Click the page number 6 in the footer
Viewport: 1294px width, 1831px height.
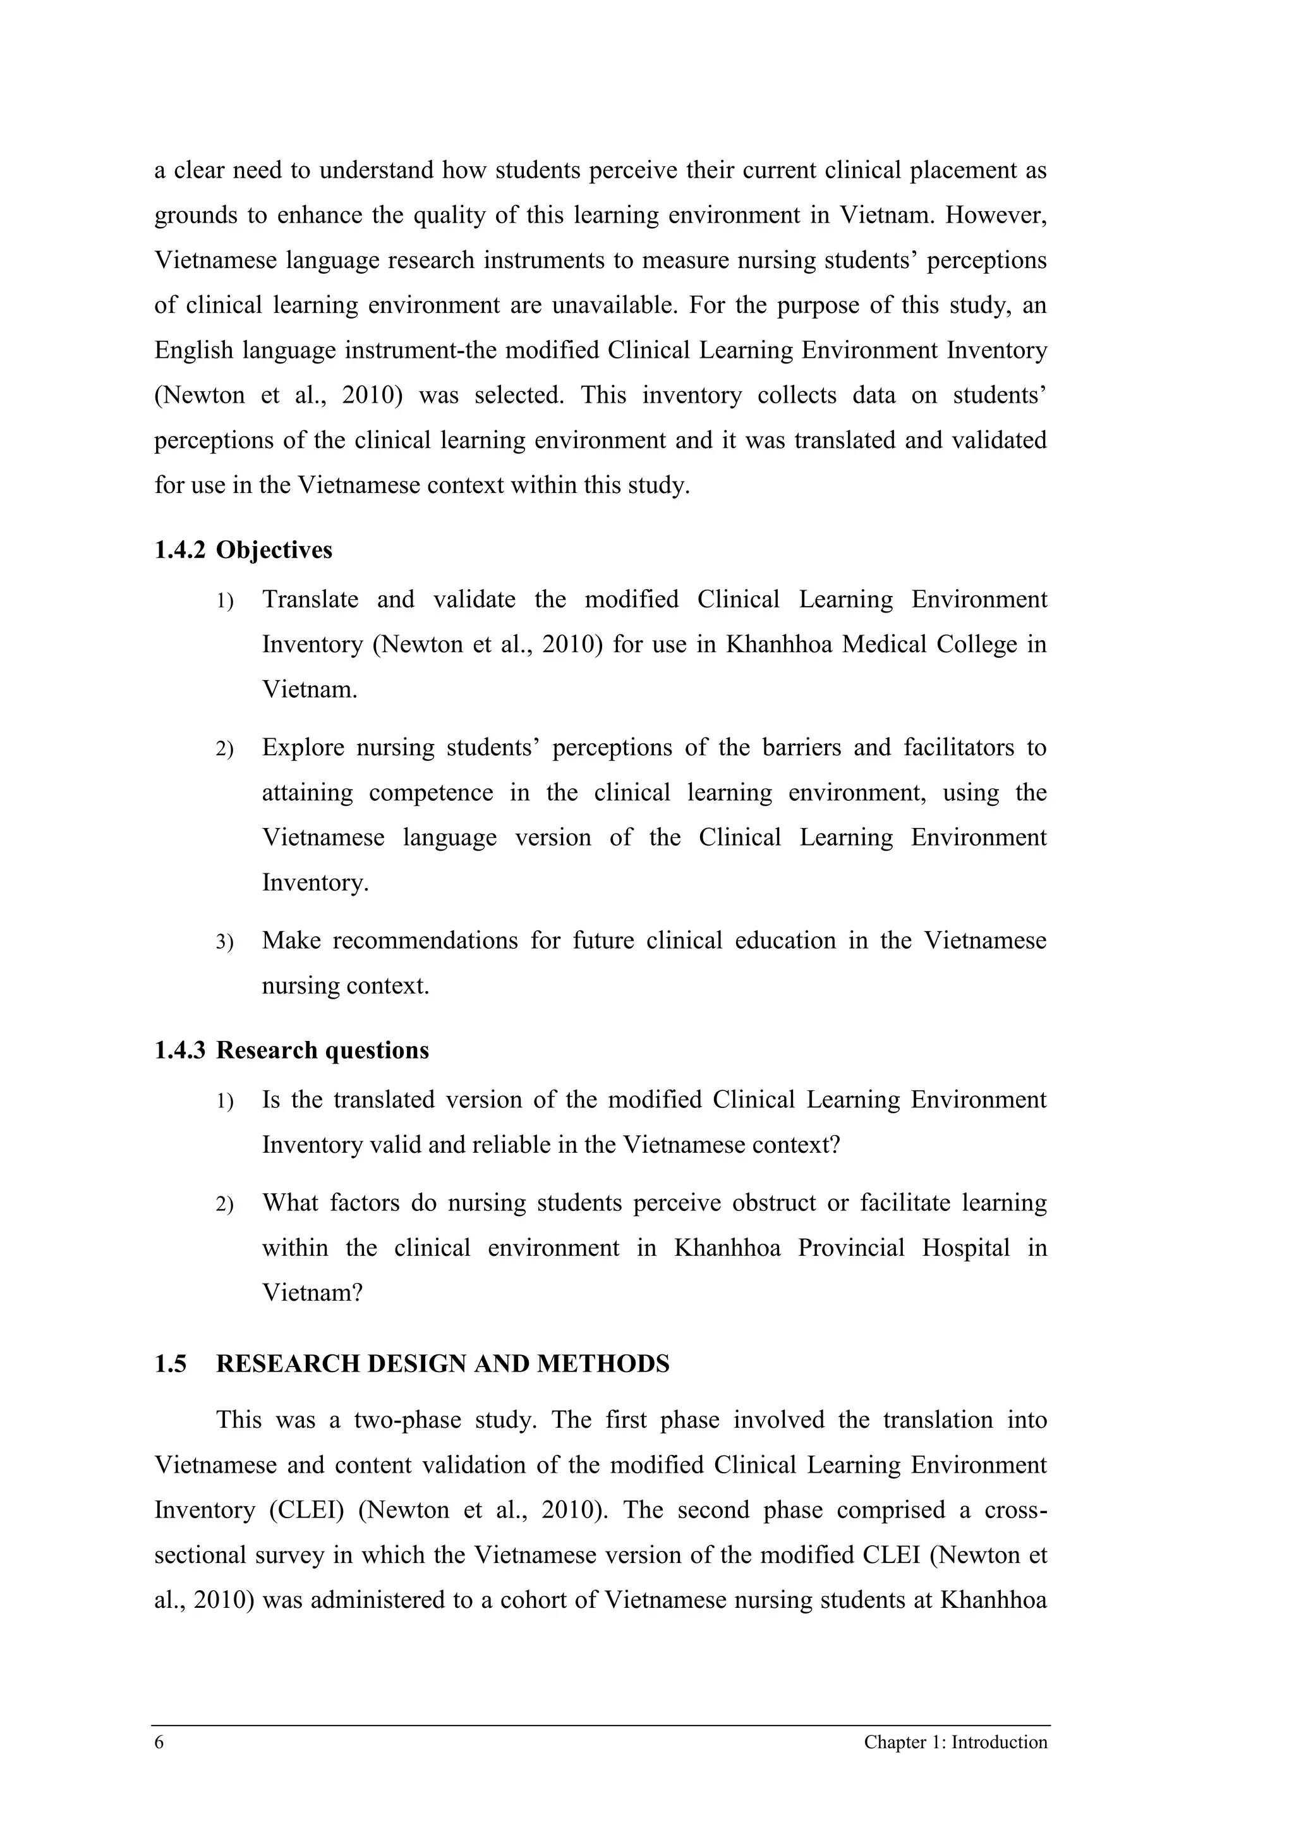[159, 1764]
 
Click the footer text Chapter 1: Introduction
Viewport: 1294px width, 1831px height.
[955, 1764]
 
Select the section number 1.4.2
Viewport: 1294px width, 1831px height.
[179, 551]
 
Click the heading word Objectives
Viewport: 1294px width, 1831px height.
[274, 551]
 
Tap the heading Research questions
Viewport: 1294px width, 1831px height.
[322, 1050]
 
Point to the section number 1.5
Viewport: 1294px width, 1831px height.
[170, 1364]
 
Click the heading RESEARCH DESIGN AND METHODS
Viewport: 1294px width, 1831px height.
[442, 1364]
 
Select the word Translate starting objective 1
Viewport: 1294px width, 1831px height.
[310, 599]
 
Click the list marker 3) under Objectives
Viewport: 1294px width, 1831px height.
[224, 942]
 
